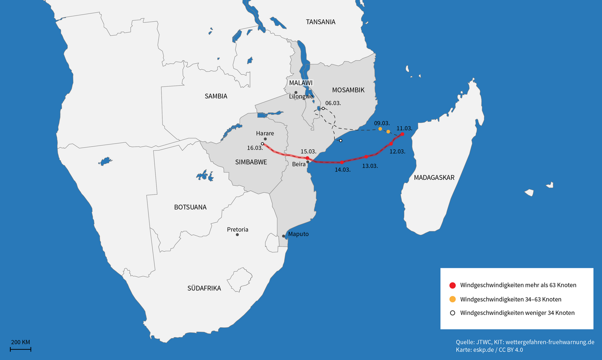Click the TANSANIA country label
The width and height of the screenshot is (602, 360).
click(x=320, y=22)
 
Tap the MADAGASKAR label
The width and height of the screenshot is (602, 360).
click(x=434, y=177)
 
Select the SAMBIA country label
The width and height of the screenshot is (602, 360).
click(x=216, y=96)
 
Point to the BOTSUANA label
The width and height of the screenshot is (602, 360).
click(x=190, y=207)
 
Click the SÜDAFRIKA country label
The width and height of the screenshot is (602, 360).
click(x=204, y=288)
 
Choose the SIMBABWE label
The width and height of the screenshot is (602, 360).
click(x=251, y=162)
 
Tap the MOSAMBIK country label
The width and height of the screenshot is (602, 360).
click(x=348, y=90)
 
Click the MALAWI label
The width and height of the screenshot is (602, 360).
click(x=301, y=83)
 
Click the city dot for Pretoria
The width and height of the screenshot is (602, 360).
click(x=237, y=234)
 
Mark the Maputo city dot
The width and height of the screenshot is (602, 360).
click(x=283, y=236)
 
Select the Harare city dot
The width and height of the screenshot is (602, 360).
click(x=265, y=139)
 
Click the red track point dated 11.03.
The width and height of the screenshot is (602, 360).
click(x=402, y=134)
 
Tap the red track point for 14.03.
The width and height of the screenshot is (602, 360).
click(x=342, y=162)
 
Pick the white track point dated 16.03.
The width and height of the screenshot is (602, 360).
click(x=262, y=144)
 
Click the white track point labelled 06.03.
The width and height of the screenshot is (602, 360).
click(x=323, y=108)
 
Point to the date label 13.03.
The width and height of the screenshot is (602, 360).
click(x=370, y=166)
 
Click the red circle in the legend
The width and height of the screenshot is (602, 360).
click(x=452, y=285)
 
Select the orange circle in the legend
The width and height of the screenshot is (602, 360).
click(x=452, y=299)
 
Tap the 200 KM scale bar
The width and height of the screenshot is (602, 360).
click(x=21, y=349)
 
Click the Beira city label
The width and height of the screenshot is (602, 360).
click(x=298, y=165)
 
